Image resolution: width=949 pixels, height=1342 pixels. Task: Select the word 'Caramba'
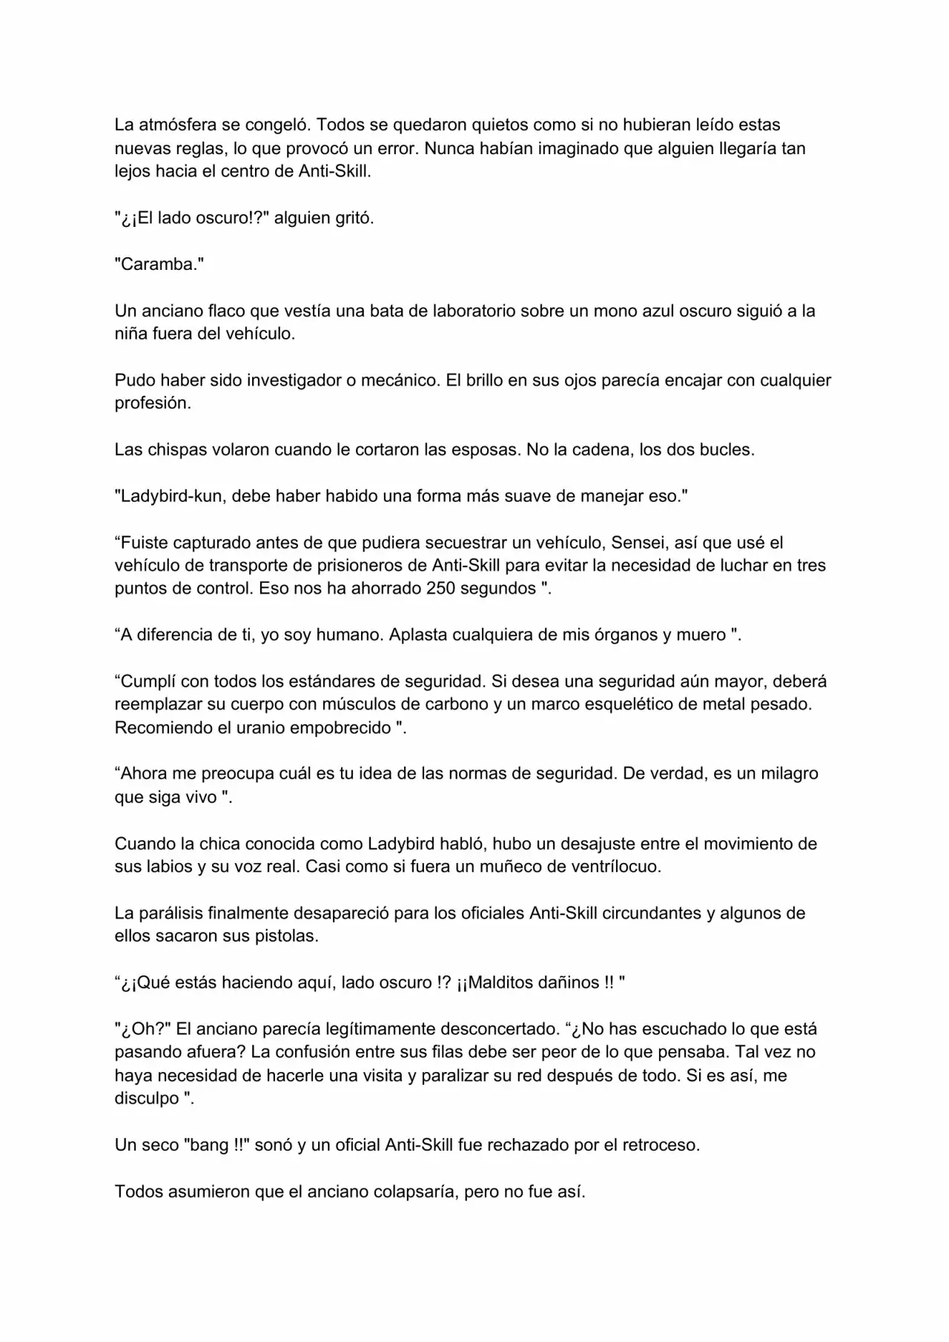pyautogui.click(x=159, y=265)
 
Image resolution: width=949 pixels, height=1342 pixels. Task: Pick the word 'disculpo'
pyautogui.click(x=147, y=1098)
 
